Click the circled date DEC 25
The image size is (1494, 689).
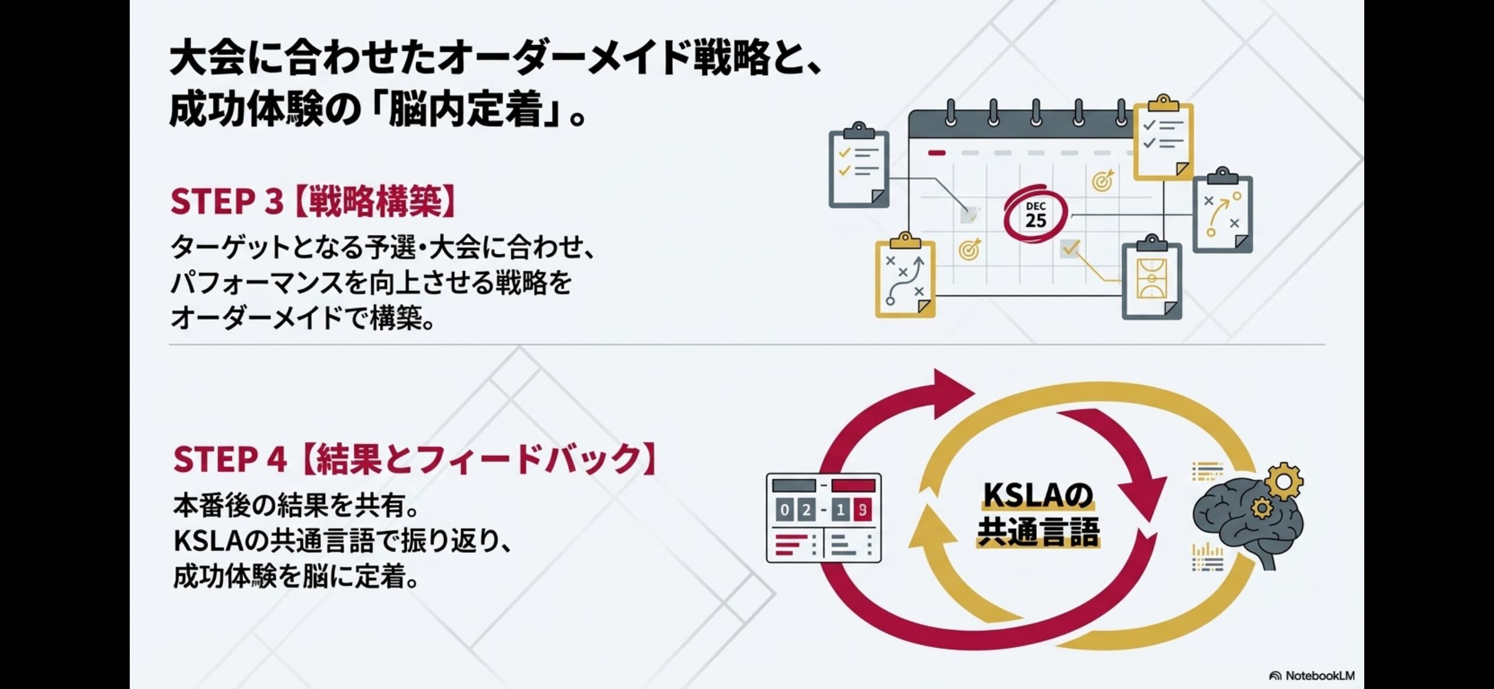click(x=1035, y=215)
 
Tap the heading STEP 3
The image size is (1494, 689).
click(x=226, y=202)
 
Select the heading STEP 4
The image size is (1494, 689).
click(x=230, y=459)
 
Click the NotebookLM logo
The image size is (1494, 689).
click(x=1312, y=676)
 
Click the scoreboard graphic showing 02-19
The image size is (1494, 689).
click(x=824, y=518)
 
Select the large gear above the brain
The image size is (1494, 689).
click(x=1284, y=481)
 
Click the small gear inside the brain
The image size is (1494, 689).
click(x=1262, y=508)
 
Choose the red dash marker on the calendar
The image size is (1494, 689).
click(x=936, y=153)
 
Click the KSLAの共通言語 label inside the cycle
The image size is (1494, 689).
click(x=1038, y=515)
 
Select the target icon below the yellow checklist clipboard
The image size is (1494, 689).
click(x=1102, y=181)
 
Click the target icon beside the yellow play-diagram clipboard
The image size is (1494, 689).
click(x=969, y=249)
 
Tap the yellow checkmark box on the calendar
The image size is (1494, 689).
click(x=1070, y=249)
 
